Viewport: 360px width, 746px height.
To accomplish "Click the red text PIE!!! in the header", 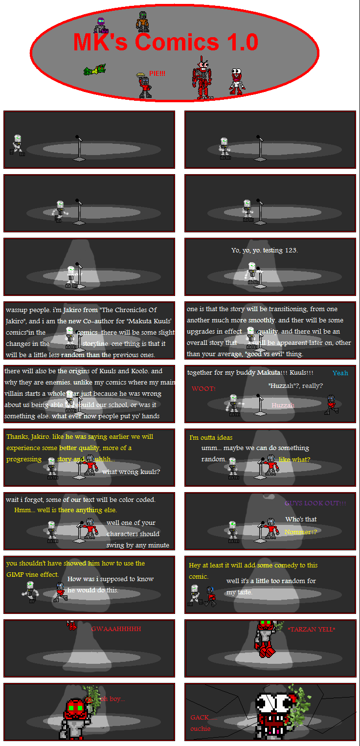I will tap(157, 73).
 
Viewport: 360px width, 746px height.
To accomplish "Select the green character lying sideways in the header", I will tap(95, 70).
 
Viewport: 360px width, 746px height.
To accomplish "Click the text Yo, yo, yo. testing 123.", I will tap(264, 250).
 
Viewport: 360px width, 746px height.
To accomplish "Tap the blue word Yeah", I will tap(340, 373).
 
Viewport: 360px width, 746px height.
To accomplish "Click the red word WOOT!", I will tap(203, 389).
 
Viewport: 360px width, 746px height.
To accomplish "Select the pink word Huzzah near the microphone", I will tap(283, 406).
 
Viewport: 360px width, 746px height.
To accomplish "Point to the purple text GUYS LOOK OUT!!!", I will tap(315, 503).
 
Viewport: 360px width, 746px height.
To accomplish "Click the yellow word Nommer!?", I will tap(300, 532).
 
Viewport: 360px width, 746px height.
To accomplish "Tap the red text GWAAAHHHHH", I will tap(116, 629).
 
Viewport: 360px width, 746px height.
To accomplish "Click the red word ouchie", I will tap(201, 728).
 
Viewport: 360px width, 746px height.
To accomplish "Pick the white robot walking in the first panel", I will tap(18, 145).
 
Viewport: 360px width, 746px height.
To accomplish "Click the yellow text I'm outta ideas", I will tap(211, 437).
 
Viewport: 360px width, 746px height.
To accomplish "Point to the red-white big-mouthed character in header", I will tap(237, 81).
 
